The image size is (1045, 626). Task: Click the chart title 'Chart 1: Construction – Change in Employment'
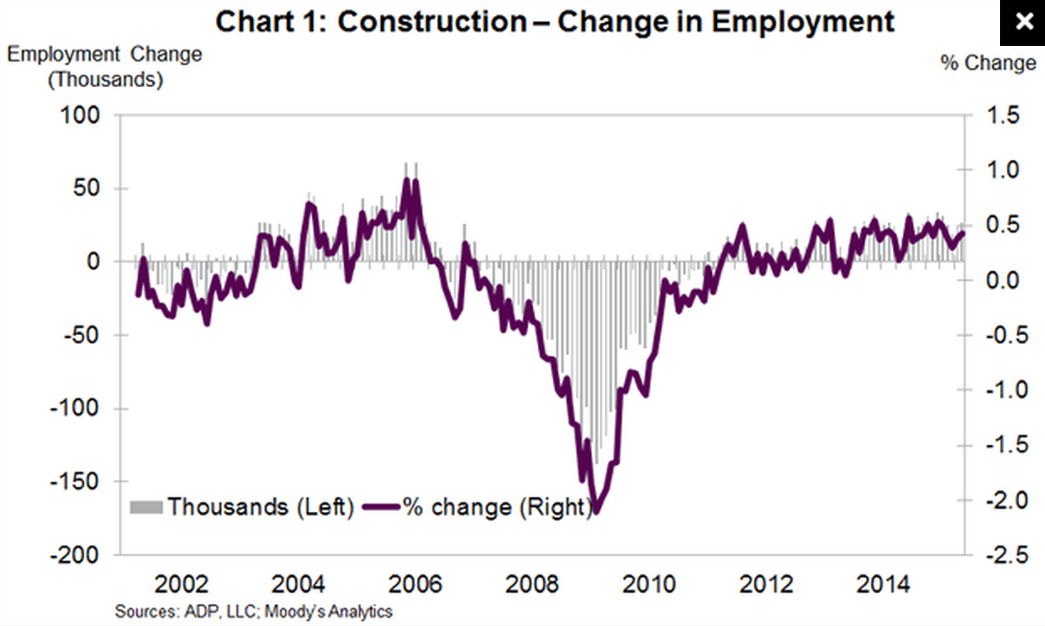pos(555,20)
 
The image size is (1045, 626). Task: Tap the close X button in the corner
pos(1022,22)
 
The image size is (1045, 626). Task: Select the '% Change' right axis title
pos(988,63)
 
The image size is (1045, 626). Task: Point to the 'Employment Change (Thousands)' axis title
pos(105,66)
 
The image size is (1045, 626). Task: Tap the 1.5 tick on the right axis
pos(996,115)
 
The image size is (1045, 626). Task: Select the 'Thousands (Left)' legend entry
pos(260,506)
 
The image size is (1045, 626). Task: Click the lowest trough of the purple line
pos(596,511)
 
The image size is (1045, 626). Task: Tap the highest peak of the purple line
pos(407,180)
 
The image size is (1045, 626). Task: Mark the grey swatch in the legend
pos(146,506)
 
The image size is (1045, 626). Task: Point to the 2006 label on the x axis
pos(416,584)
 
